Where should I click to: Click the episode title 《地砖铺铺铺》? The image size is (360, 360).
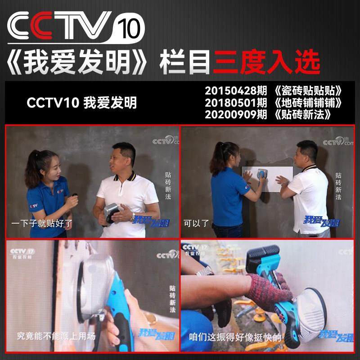pyautogui.click(x=310, y=101)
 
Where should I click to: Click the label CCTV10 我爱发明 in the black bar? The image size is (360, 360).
pyautogui.click(x=81, y=102)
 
